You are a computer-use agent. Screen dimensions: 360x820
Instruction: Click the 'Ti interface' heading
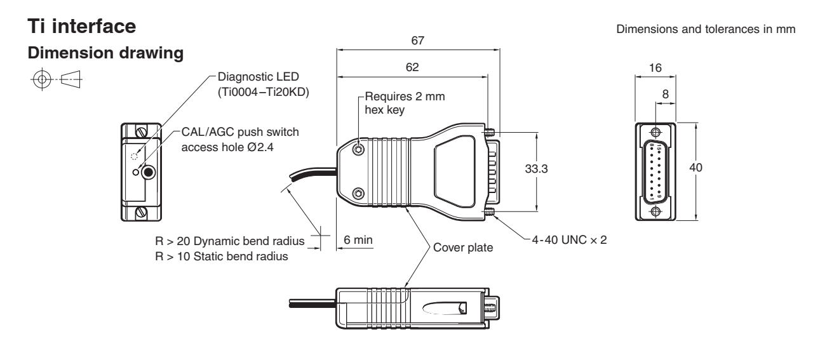pyautogui.click(x=82, y=29)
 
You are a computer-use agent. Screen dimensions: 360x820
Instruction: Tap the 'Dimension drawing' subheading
pyautogui.click(x=94, y=55)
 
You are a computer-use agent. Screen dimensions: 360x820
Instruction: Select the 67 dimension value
pyautogui.click(x=417, y=41)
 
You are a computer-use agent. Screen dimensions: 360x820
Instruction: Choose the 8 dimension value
pyautogui.click(x=665, y=93)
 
